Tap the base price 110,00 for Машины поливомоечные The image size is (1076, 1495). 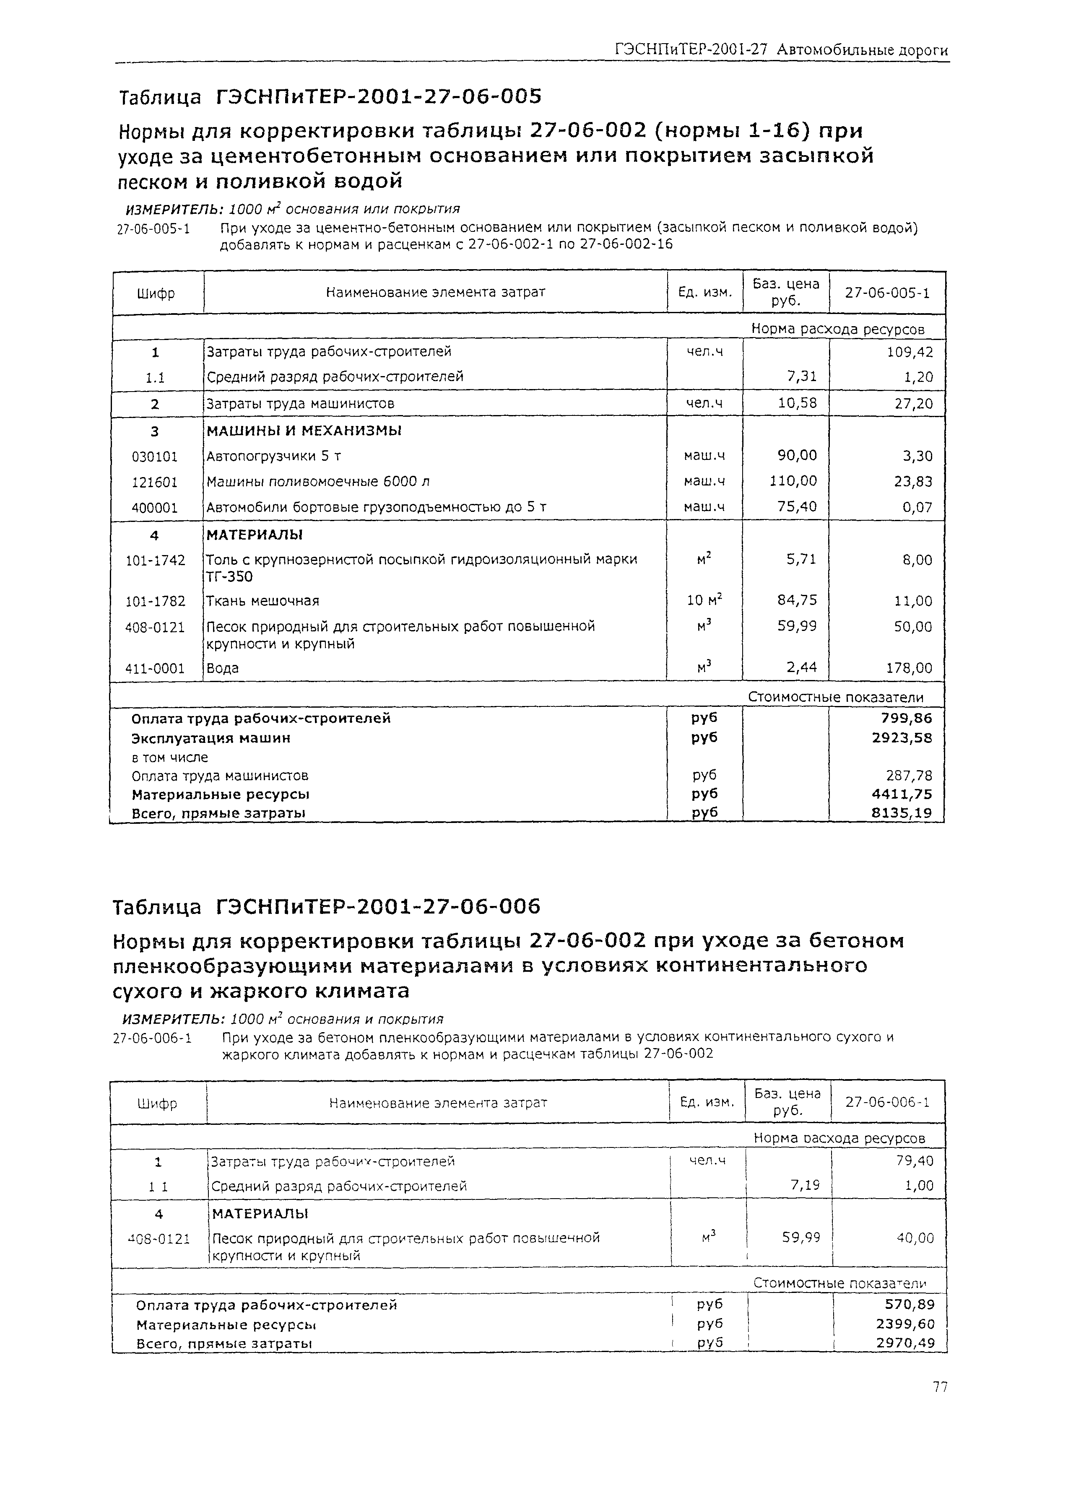point(793,481)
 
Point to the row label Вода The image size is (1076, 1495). point(222,668)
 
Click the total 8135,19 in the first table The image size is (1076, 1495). point(901,813)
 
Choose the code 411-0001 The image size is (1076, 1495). point(155,668)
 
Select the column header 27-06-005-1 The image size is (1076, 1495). point(887,293)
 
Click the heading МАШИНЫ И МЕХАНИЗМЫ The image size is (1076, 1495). point(304,431)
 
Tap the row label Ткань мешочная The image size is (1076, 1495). point(263,600)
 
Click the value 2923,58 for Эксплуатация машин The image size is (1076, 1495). point(901,737)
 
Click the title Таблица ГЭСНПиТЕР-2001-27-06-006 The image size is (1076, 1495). point(326,908)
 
